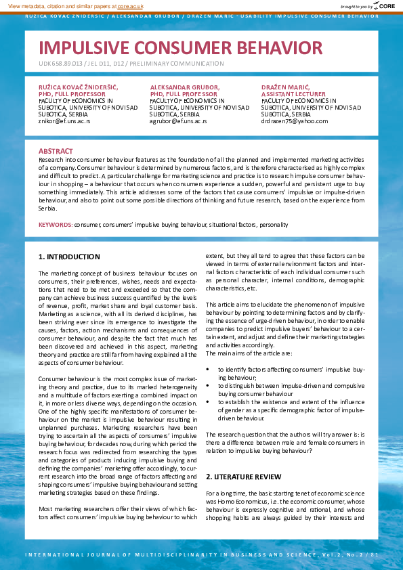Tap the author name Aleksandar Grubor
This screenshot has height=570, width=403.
[x=185, y=88]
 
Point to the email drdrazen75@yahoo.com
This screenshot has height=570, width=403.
[x=295, y=121]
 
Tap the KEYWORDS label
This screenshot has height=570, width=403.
[x=55, y=224]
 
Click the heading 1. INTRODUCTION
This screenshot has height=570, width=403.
[x=69, y=257]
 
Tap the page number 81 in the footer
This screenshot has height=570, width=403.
[x=375, y=554]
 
